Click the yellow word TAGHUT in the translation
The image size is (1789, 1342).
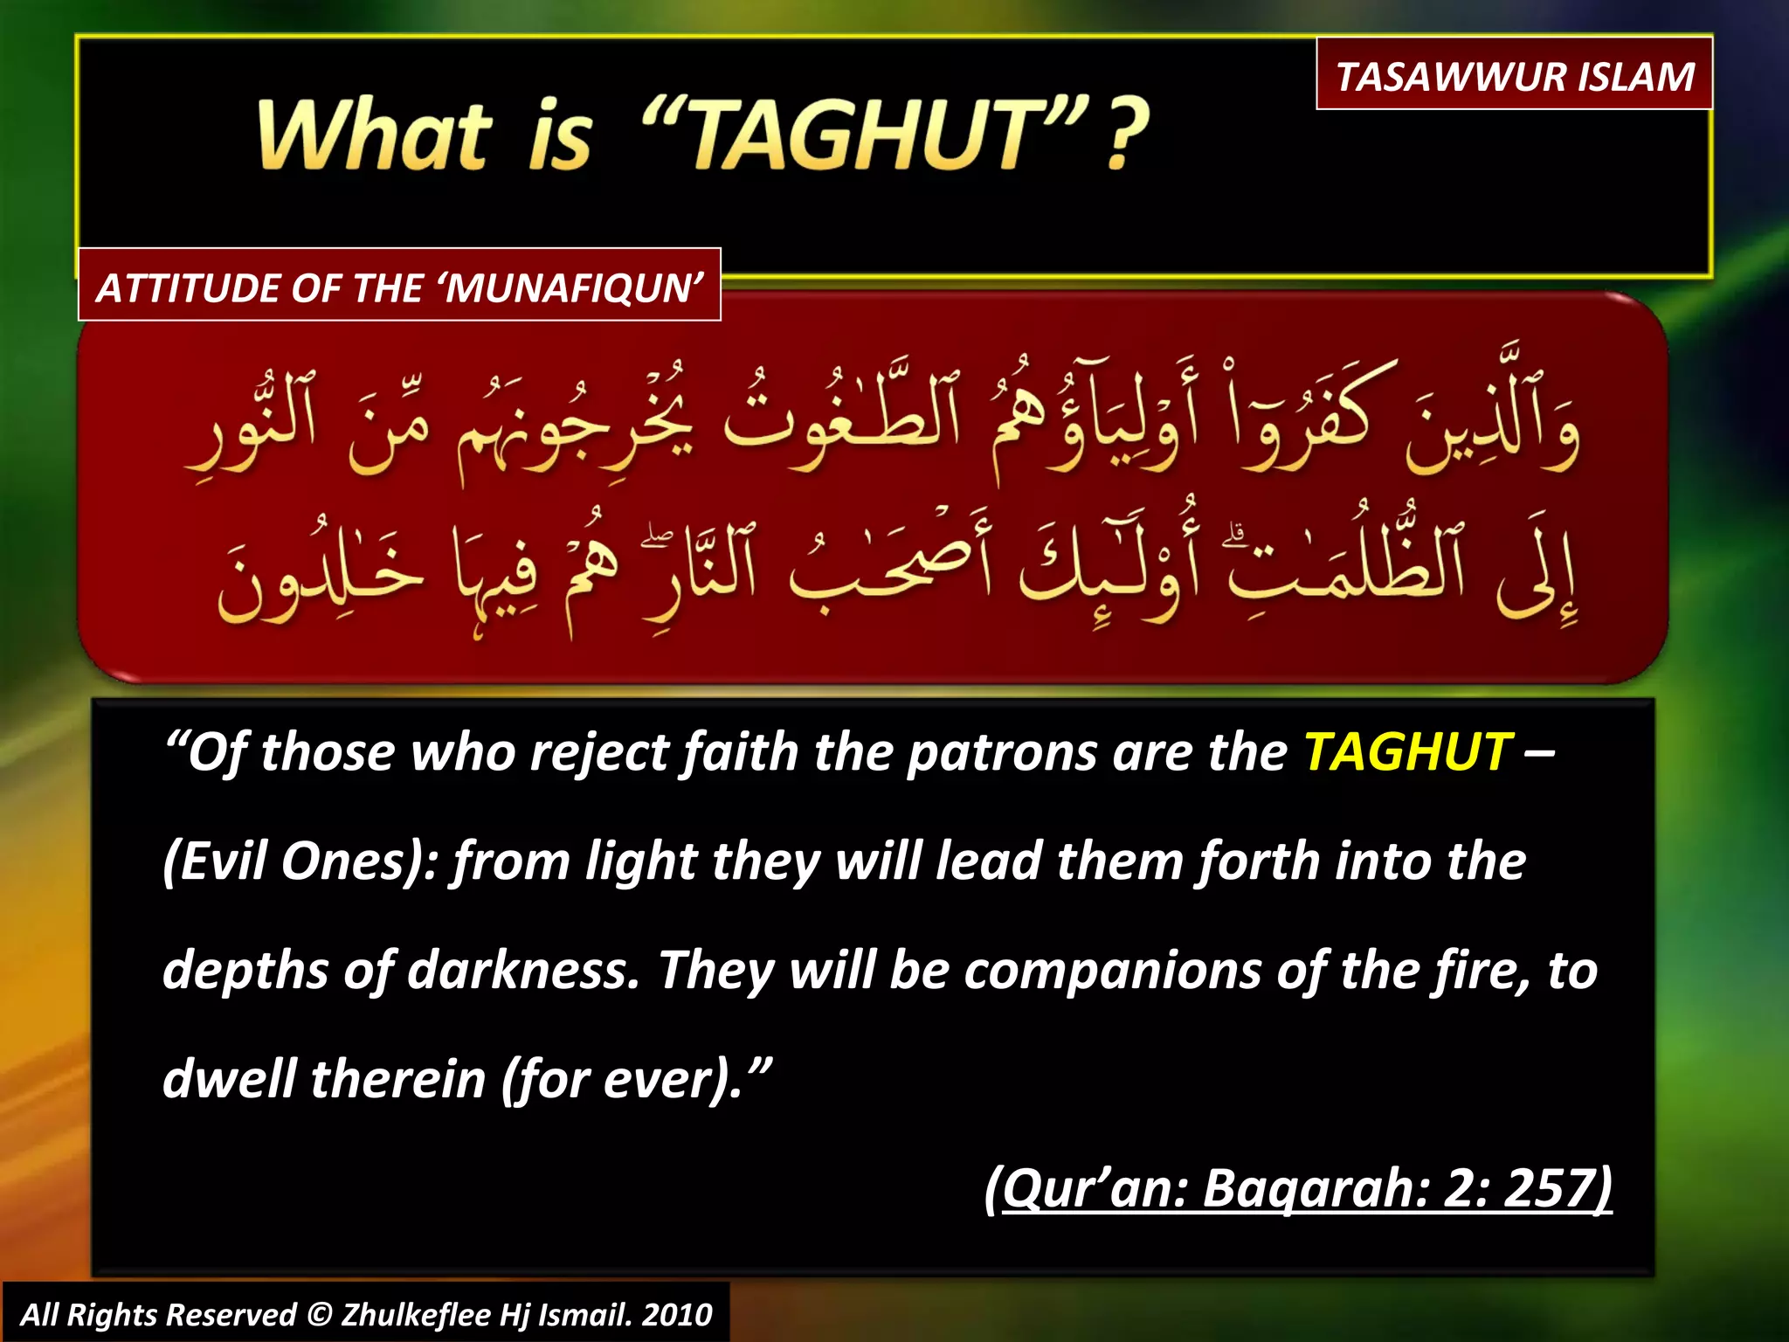[x=1407, y=752]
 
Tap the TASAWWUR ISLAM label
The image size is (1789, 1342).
[x=1515, y=76]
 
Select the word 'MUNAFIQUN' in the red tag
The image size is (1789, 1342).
[x=573, y=287]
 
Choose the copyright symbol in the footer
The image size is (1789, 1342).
[x=320, y=1315]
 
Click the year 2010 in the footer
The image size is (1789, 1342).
[x=678, y=1315]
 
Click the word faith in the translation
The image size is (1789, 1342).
[x=741, y=752]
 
